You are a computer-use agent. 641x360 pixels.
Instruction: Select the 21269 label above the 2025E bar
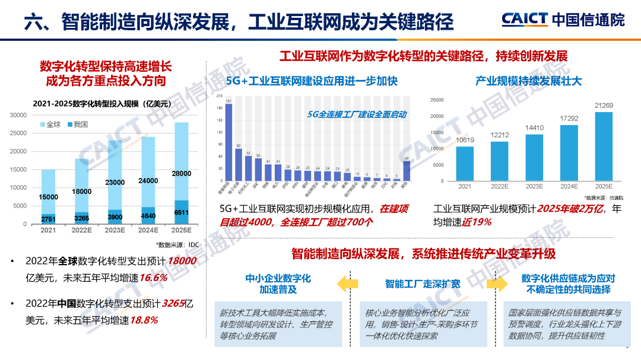click(x=604, y=106)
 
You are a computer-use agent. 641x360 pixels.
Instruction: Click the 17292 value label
click(x=569, y=119)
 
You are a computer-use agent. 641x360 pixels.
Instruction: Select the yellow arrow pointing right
click(x=500, y=283)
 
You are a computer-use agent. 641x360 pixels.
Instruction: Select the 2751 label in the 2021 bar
click(x=49, y=219)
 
